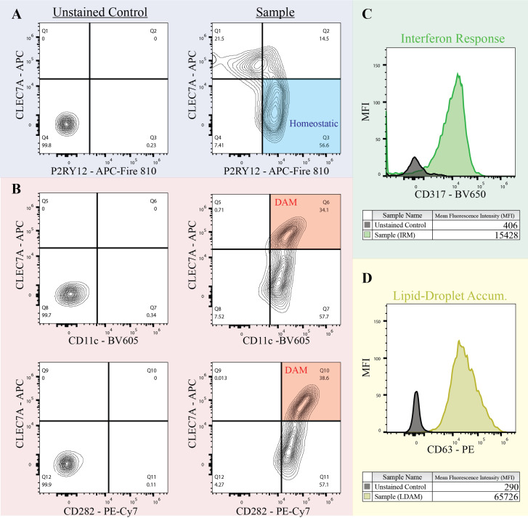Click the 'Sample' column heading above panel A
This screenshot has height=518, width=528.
pos(266,12)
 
